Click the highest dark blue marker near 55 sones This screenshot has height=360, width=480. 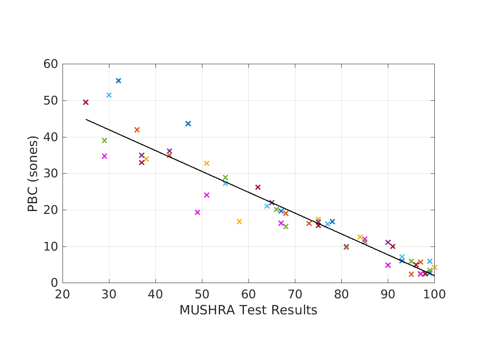point(118,81)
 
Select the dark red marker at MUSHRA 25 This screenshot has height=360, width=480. point(86,102)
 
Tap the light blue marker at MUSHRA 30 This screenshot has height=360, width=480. point(109,95)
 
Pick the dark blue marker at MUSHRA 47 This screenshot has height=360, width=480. point(188,123)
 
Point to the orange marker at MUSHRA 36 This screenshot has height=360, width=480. point(137,130)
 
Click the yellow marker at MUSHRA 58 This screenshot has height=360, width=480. point(239,221)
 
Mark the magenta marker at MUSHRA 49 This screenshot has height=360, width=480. point(197,212)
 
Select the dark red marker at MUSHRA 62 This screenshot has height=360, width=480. point(258,187)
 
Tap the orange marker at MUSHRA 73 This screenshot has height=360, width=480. point(309,223)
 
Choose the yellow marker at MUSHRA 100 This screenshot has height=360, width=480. point(434,267)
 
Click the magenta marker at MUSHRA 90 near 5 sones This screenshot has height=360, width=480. point(388,265)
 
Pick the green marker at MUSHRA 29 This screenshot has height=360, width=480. point(104,140)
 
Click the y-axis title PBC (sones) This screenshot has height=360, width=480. point(32,174)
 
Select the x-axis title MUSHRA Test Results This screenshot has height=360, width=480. point(248,310)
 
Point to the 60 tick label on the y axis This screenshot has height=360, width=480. point(50,64)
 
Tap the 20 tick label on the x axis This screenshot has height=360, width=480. point(63,295)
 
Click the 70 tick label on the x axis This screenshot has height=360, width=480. point(295,295)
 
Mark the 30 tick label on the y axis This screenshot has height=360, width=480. point(50,174)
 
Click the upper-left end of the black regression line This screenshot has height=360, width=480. point(86,119)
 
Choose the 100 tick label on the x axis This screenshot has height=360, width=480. point(434,295)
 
